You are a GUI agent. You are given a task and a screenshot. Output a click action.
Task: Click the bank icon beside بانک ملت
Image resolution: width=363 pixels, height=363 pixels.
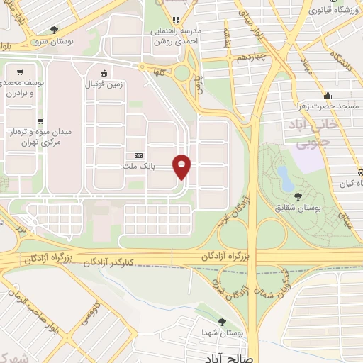pos(138,156)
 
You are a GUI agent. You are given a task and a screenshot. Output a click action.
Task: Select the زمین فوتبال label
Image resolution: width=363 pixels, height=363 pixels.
pos(105,83)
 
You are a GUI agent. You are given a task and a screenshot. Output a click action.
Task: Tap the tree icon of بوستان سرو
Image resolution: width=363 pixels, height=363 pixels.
pos(55,29)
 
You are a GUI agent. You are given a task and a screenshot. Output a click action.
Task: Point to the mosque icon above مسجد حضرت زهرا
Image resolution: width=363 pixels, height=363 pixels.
pos(328,96)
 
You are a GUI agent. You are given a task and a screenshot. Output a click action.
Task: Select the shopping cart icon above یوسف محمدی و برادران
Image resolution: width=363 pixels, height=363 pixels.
pos(19,72)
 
